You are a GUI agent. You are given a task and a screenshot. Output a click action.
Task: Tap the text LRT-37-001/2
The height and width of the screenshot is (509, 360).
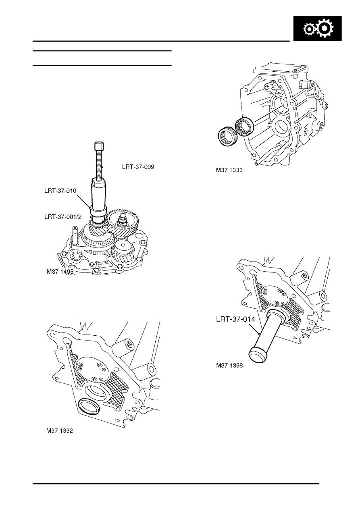pyautogui.click(x=63, y=216)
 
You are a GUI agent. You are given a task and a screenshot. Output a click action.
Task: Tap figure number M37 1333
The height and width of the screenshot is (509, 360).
pyautogui.click(x=229, y=171)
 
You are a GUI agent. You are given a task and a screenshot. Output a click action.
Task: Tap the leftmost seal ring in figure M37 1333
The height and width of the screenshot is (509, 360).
pyautogui.click(x=226, y=135)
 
